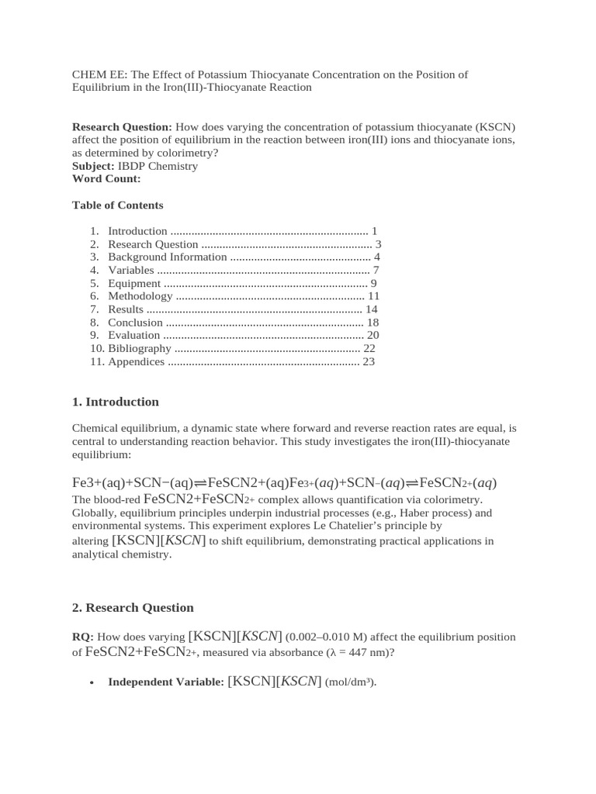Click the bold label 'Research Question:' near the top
[x=122, y=127]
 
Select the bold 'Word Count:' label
[x=106, y=178]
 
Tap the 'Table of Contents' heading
[x=117, y=205]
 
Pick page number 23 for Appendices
[x=369, y=361]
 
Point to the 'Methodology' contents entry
[x=140, y=296]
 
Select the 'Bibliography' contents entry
[x=140, y=349]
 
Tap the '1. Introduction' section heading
[x=115, y=402]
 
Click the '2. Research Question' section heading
[x=133, y=607]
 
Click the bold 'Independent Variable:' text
[x=166, y=682]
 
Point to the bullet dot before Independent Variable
[x=92, y=683]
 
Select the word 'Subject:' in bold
[x=93, y=166]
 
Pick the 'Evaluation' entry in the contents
[x=134, y=336]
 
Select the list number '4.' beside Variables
[x=95, y=271]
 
